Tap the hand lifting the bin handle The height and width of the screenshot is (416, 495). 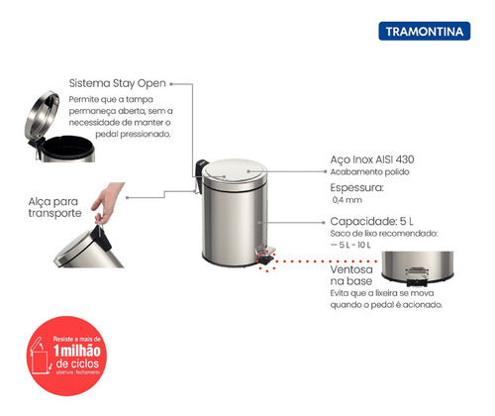(103, 203)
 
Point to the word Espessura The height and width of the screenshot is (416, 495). (355, 184)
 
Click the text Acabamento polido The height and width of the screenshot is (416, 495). (368, 171)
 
